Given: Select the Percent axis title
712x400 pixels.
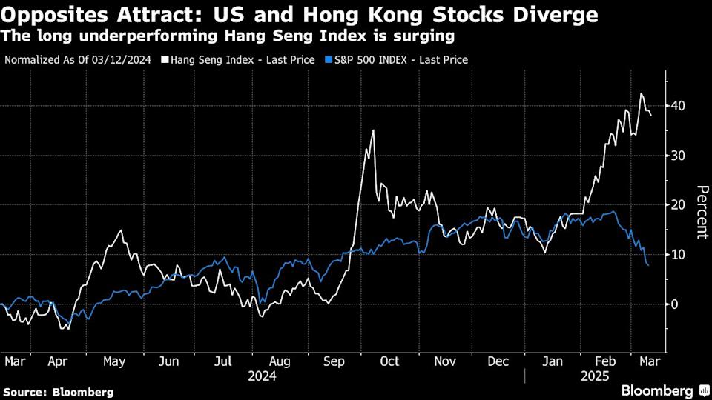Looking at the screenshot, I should [x=699, y=212].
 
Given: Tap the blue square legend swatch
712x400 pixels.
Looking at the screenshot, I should [x=326, y=59].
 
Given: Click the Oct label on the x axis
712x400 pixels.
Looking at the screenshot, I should [x=389, y=361].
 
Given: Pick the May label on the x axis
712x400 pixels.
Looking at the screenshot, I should [x=114, y=361].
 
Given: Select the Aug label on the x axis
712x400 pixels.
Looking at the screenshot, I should [x=280, y=361].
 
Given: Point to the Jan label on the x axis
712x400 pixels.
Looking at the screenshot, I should [x=553, y=361].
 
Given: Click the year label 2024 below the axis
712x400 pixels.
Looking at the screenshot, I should [x=263, y=376].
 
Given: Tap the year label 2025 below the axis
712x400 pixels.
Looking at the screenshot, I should [x=594, y=376].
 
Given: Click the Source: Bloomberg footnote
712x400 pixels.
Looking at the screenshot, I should [x=59, y=392].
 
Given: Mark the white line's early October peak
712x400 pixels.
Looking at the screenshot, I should [x=372, y=130].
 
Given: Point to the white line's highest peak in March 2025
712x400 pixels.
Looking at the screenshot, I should [x=641, y=93].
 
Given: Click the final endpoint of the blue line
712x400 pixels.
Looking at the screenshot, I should [x=649, y=265].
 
